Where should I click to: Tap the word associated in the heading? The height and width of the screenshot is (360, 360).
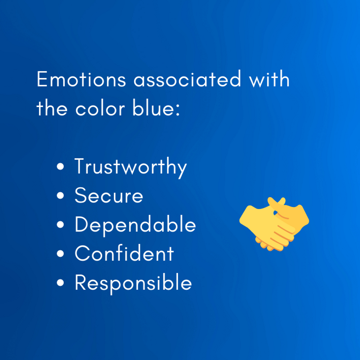click(187, 79)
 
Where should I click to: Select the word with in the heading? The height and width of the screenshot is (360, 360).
click(269, 79)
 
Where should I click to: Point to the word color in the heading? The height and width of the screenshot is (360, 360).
click(100, 108)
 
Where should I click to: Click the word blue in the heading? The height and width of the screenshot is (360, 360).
click(153, 108)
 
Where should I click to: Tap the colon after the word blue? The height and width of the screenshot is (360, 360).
click(178, 110)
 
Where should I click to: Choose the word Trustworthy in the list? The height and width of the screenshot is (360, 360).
click(131, 167)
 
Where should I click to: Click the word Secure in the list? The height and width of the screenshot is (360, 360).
click(109, 195)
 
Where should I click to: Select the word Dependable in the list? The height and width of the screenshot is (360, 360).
click(135, 225)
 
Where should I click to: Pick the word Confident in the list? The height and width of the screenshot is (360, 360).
click(124, 253)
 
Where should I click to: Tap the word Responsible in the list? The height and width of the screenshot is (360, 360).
click(133, 283)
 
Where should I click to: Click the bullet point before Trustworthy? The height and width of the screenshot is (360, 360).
click(60, 166)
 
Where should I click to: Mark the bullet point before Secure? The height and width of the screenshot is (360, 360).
click(60, 196)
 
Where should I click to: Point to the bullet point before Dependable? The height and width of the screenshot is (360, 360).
click(60, 225)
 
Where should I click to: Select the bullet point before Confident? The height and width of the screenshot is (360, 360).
click(60, 254)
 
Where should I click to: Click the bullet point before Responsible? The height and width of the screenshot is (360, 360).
click(60, 283)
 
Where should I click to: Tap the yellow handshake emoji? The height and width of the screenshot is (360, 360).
click(274, 224)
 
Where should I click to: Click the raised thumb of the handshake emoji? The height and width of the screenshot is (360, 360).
click(281, 201)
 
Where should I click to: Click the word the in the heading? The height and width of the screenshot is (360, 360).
click(52, 108)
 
